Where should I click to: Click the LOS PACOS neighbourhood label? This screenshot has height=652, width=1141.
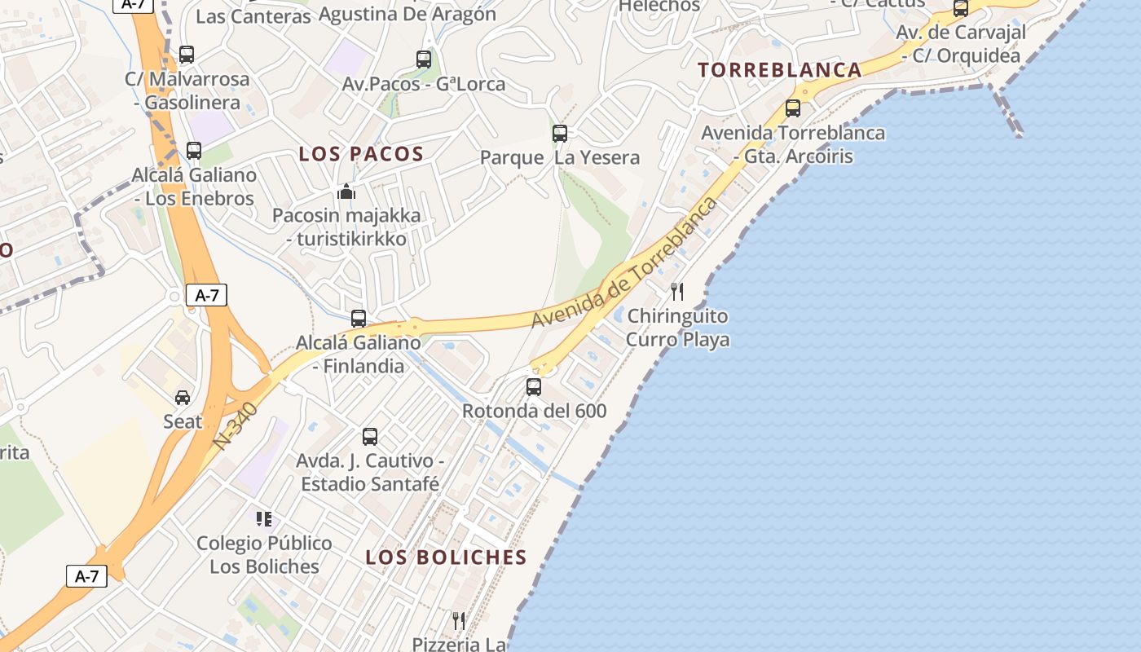coord(361,154)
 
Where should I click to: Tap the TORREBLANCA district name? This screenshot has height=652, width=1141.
coord(780,70)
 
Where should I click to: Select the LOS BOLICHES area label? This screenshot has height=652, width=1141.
coord(446,557)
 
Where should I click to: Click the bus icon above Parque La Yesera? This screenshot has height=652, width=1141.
coord(560,134)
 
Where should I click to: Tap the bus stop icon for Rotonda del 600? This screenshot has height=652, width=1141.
coord(534,387)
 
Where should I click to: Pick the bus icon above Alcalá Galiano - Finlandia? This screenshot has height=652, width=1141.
coord(359,319)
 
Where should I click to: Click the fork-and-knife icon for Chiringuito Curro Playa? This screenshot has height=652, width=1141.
coord(677,292)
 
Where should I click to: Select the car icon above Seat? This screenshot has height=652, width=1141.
coord(183,398)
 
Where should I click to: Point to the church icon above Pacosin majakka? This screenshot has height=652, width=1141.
coord(346,192)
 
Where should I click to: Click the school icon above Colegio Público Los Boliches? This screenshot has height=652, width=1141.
coord(263,519)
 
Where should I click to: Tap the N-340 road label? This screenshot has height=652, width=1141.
coord(236,426)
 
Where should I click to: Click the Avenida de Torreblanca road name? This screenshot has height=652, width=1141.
coord(624,262)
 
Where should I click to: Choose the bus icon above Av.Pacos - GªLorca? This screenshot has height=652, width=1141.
coord(424,59)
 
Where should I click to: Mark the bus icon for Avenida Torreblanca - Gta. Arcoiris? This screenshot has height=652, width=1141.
coord(793,108)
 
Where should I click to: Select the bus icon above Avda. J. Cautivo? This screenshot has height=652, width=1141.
coord(370,437)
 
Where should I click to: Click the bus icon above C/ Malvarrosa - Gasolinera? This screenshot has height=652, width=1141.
coord(187,55)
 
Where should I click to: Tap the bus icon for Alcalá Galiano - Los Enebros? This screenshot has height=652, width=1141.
coord(194,151)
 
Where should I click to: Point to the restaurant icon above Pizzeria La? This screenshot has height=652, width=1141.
coord(459,621)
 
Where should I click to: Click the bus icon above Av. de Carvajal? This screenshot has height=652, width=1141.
coord(961,9)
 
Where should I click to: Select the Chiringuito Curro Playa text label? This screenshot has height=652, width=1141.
coord(677,328)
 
